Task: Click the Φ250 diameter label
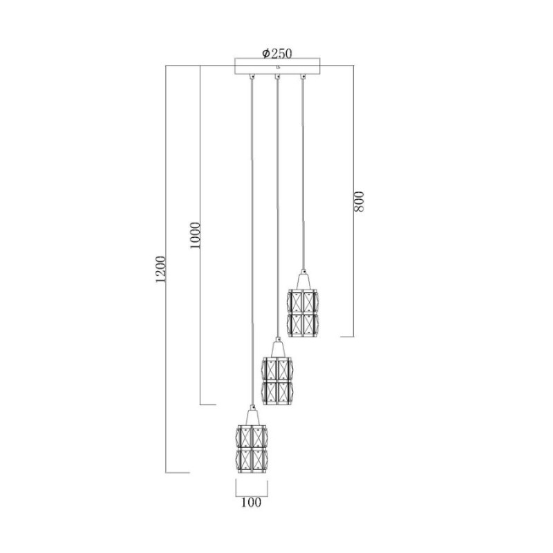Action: click(277, 53)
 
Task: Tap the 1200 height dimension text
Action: click(160, 270)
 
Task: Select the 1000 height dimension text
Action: click(195, 235)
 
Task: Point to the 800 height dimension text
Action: click(358, 201)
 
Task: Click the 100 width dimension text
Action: click(252, 502)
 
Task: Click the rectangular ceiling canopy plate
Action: click(278, 66)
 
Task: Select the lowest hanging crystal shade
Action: click(252, 449)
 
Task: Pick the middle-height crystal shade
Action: click(278, 381)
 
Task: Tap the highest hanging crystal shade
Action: click(303, 313)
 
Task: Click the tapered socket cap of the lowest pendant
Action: click(252, 415)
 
